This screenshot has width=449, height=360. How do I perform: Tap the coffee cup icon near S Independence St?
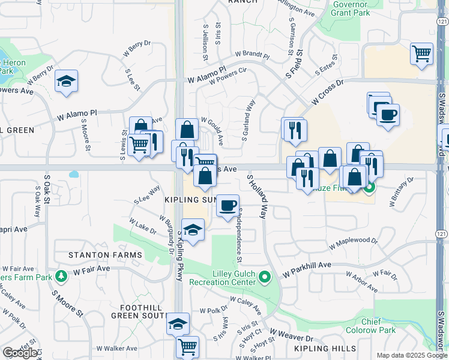[x=228, y=206]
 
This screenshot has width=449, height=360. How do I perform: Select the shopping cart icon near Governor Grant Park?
[x=422, y=53]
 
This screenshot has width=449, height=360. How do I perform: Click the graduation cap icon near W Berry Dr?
[x=67, y=81]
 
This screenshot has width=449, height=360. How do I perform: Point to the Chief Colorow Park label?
[x=379, y=326]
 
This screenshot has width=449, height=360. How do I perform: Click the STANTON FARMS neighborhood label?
[x=97, y=255]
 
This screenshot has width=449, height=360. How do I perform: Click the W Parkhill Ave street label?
[x=307, y=265]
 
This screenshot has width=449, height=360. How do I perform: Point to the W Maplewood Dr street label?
[x=354, y=244]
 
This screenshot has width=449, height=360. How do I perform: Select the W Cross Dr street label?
[x=327, y=94]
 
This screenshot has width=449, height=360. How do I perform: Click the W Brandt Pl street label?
[x=253, y=55]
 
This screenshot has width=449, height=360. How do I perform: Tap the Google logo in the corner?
[x=20, y=353]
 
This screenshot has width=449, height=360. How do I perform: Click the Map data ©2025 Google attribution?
[x=411, y=355]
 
